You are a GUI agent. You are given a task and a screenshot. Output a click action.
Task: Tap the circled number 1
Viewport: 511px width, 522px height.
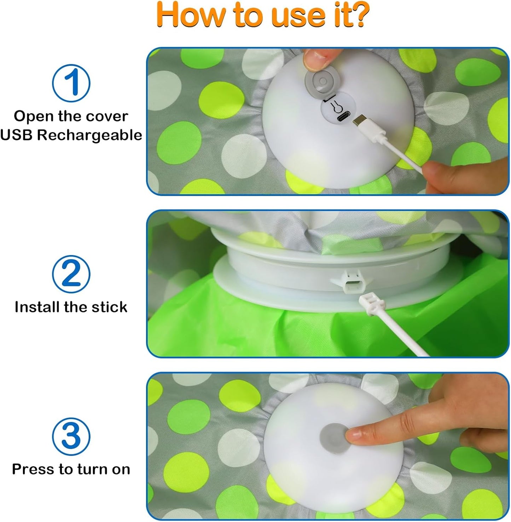(71, 83)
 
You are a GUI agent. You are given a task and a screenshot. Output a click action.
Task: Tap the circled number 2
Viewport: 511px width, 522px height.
(71, 274)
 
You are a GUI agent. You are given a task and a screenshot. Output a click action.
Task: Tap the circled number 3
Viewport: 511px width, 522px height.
(71, 436)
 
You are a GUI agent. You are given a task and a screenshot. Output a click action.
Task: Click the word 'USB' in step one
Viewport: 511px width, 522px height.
(16, 135)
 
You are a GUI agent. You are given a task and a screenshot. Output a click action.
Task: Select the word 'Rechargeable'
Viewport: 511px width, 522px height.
(89, 135)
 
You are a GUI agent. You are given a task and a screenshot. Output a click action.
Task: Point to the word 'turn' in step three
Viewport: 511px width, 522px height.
(93, 469)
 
